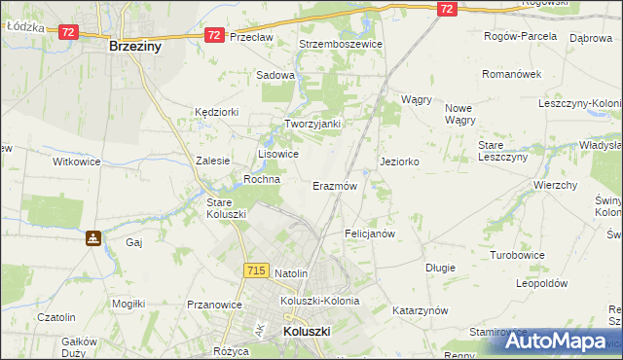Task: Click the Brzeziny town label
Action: click(135, 46)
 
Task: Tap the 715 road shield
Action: click(257, 270)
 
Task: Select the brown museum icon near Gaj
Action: click(92, 237)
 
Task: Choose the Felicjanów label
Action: click(370, 234)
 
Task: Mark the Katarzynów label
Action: click(420, 310)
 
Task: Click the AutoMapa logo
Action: click(556, 342)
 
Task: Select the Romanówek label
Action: click(511, 74)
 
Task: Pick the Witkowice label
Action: click(77, 162)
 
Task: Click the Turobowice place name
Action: click(519, 254)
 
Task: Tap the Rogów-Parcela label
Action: click(521, 36)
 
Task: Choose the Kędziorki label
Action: click(216, 112)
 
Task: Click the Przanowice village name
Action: click(213, 305)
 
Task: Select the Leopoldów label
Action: click(541, 283)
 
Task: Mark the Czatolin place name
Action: click(56, 317)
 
